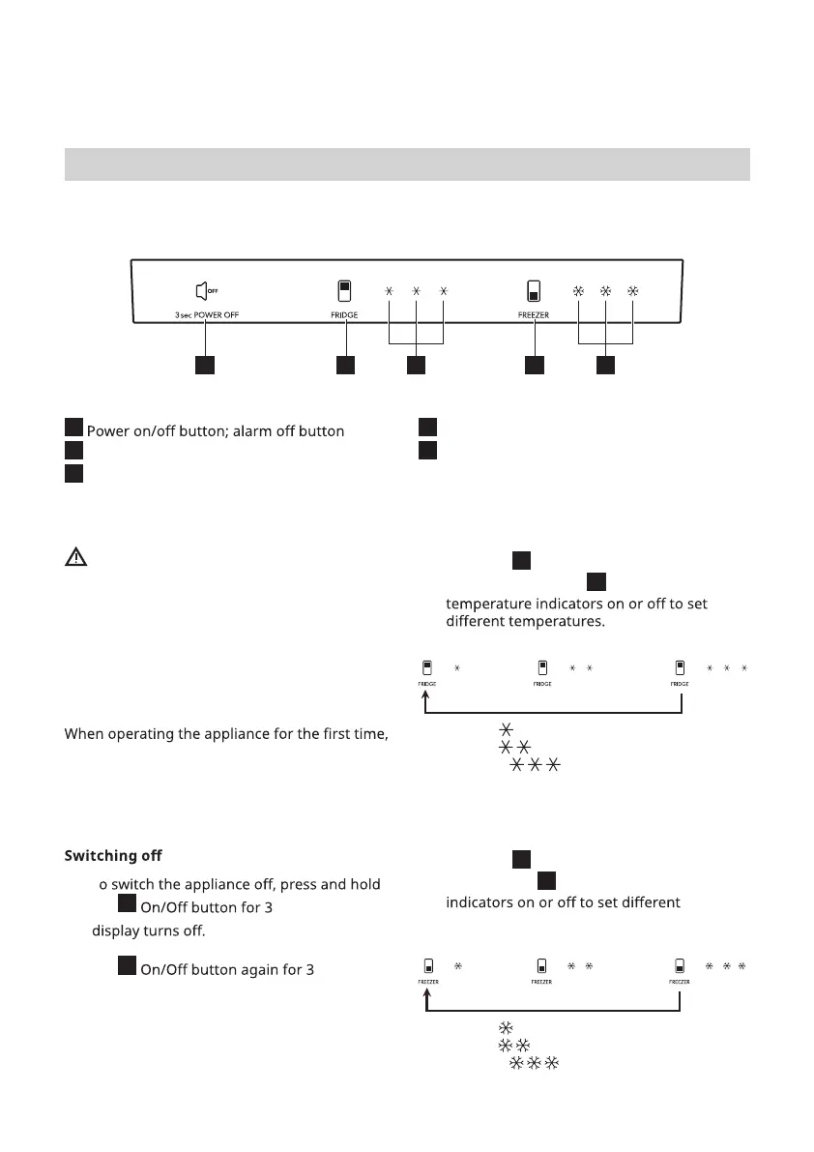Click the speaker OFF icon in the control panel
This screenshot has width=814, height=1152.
click(204, 290)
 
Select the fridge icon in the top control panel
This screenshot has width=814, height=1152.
click(344, 291)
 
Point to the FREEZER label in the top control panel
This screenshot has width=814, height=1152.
click(534, 315)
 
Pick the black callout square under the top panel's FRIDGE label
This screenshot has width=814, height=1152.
click(344, 366)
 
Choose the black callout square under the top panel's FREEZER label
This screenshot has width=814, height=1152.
click(534, 366)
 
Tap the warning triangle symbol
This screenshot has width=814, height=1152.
click(76, 557)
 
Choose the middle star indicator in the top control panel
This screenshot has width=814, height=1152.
click(416, 291)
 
